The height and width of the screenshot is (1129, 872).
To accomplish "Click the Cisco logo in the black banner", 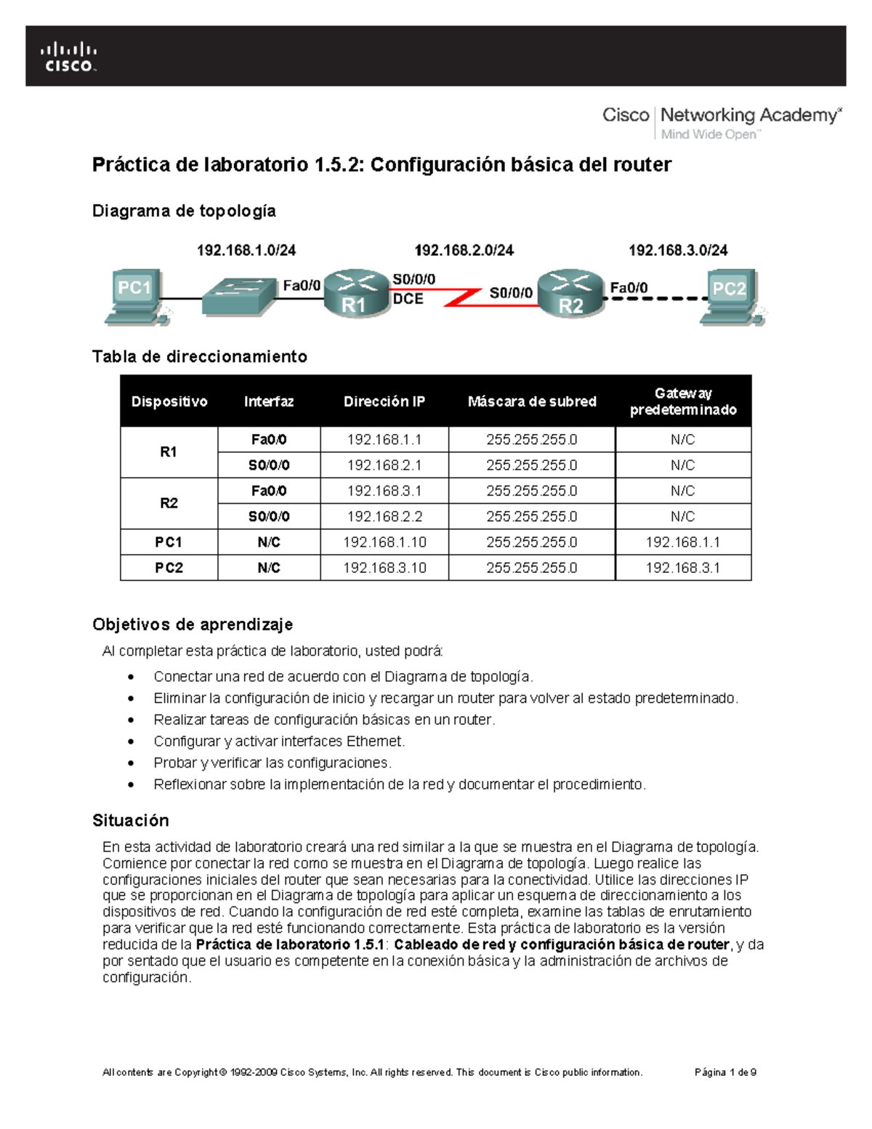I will coord(68,57).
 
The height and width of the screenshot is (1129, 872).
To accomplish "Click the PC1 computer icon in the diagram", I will coord(135,295).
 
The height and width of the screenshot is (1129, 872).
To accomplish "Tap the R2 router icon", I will coord(570,293).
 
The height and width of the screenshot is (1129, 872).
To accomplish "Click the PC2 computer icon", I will coord(730,295).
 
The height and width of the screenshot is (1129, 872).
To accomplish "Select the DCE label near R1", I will coord(408,299).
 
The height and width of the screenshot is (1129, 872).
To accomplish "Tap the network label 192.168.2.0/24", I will coord(464,250).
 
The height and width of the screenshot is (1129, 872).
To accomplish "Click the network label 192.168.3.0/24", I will coord(678,250).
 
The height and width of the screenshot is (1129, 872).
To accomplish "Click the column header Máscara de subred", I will coord(532,401).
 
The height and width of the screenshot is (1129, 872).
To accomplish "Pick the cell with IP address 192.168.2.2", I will coord(384,516).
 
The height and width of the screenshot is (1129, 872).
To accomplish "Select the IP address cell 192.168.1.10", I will coord(384,542).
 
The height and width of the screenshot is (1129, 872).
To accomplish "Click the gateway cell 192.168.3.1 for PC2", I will coord(682,568).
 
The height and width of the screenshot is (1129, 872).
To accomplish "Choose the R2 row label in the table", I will coord(169,503).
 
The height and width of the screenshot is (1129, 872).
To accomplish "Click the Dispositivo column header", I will coord(169,401).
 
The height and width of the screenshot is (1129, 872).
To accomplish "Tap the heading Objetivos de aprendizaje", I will coord(193,624).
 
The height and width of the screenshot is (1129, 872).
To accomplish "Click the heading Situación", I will coord(131,820).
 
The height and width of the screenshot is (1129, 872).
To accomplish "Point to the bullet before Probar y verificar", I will coord(131,763).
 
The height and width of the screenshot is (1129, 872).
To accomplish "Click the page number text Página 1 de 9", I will coord(725,1072).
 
